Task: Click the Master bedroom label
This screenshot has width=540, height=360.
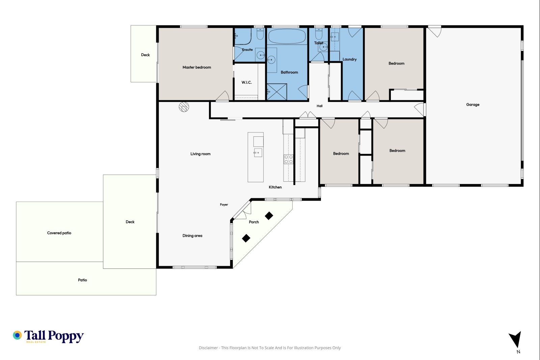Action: coord(196,67)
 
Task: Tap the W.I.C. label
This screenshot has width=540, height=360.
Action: coord(247,82)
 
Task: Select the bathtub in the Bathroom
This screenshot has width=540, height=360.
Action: coord(287,36)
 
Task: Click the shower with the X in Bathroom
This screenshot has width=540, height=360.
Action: coord(277,92)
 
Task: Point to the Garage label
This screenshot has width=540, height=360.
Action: coord(473,104)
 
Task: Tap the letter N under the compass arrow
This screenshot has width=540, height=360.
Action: coord(518,352)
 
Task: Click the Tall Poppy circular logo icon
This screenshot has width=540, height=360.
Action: coord(17,335)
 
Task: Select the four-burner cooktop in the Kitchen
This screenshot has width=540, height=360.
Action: coord(288,159)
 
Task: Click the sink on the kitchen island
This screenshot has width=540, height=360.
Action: coord(258,153)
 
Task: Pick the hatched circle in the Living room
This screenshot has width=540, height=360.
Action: coord(184,107)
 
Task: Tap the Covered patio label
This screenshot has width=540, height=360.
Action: coord(59,233)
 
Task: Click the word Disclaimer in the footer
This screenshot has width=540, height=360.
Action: coord(208,348)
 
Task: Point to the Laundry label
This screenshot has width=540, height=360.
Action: coord(349,59)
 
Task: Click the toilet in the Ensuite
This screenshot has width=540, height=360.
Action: coord(260,34)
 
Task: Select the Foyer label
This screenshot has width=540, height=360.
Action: coord(224,205)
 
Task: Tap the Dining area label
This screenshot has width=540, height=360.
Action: coord(192,236)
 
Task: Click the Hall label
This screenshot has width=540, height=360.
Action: coord(319,106)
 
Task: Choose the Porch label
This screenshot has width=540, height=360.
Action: coord(254,222)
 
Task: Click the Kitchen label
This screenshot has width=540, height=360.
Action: coord(275,187)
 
